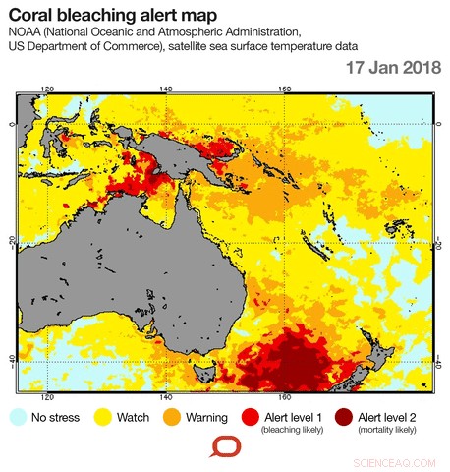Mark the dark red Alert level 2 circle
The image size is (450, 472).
click(x=345, y=417)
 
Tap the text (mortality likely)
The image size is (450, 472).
click(x=387, y=430)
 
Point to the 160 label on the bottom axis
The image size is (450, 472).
click(x=283, y=399)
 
